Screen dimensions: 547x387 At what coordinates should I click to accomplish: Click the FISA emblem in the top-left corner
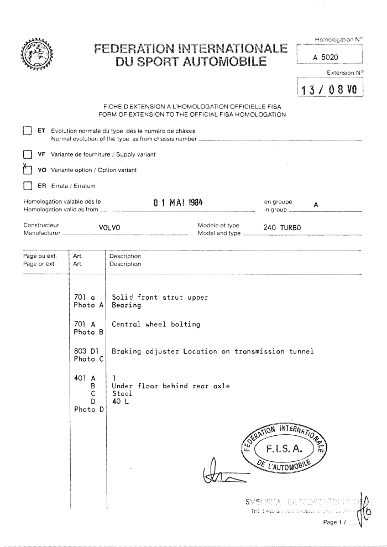click(34, 57)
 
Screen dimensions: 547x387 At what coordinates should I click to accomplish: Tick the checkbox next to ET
click(26, 131)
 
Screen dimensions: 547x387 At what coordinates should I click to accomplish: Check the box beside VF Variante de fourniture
click(26, 154)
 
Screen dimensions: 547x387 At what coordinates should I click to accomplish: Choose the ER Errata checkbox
click(26, 186)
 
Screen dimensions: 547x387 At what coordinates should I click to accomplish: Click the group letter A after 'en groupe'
click(316, 204)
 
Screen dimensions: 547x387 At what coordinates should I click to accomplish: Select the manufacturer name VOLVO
click(109, 227)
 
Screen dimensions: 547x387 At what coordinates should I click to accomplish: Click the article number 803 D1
click(86, 351)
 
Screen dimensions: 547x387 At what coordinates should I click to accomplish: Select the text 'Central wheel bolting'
click(155, 324)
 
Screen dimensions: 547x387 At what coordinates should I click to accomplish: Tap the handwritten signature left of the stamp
click(221, 472)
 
